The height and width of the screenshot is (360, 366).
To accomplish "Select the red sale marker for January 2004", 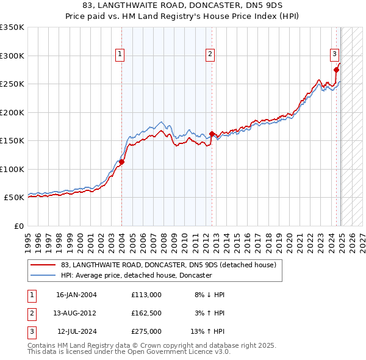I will (x=121, y=162).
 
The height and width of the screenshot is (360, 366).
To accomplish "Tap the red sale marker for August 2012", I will (x=212, y=134).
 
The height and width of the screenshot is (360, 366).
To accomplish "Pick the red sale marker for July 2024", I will (x=336, y=70).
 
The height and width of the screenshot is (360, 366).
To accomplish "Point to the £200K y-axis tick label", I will (x=12, y=112).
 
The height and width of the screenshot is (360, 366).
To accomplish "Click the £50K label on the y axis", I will (x=14, y=198).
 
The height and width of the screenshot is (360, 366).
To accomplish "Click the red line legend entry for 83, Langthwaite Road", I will (x=168, y=265).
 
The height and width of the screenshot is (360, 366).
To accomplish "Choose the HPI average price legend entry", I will (x=135, y=275).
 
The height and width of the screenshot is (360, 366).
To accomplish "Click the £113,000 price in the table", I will (x=146, y=295).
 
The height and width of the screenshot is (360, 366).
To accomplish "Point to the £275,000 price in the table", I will (x=146, y=331).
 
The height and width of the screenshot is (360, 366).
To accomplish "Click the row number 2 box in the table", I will (x=30, y=313).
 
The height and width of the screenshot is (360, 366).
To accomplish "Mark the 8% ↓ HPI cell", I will (x=209, y=295).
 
